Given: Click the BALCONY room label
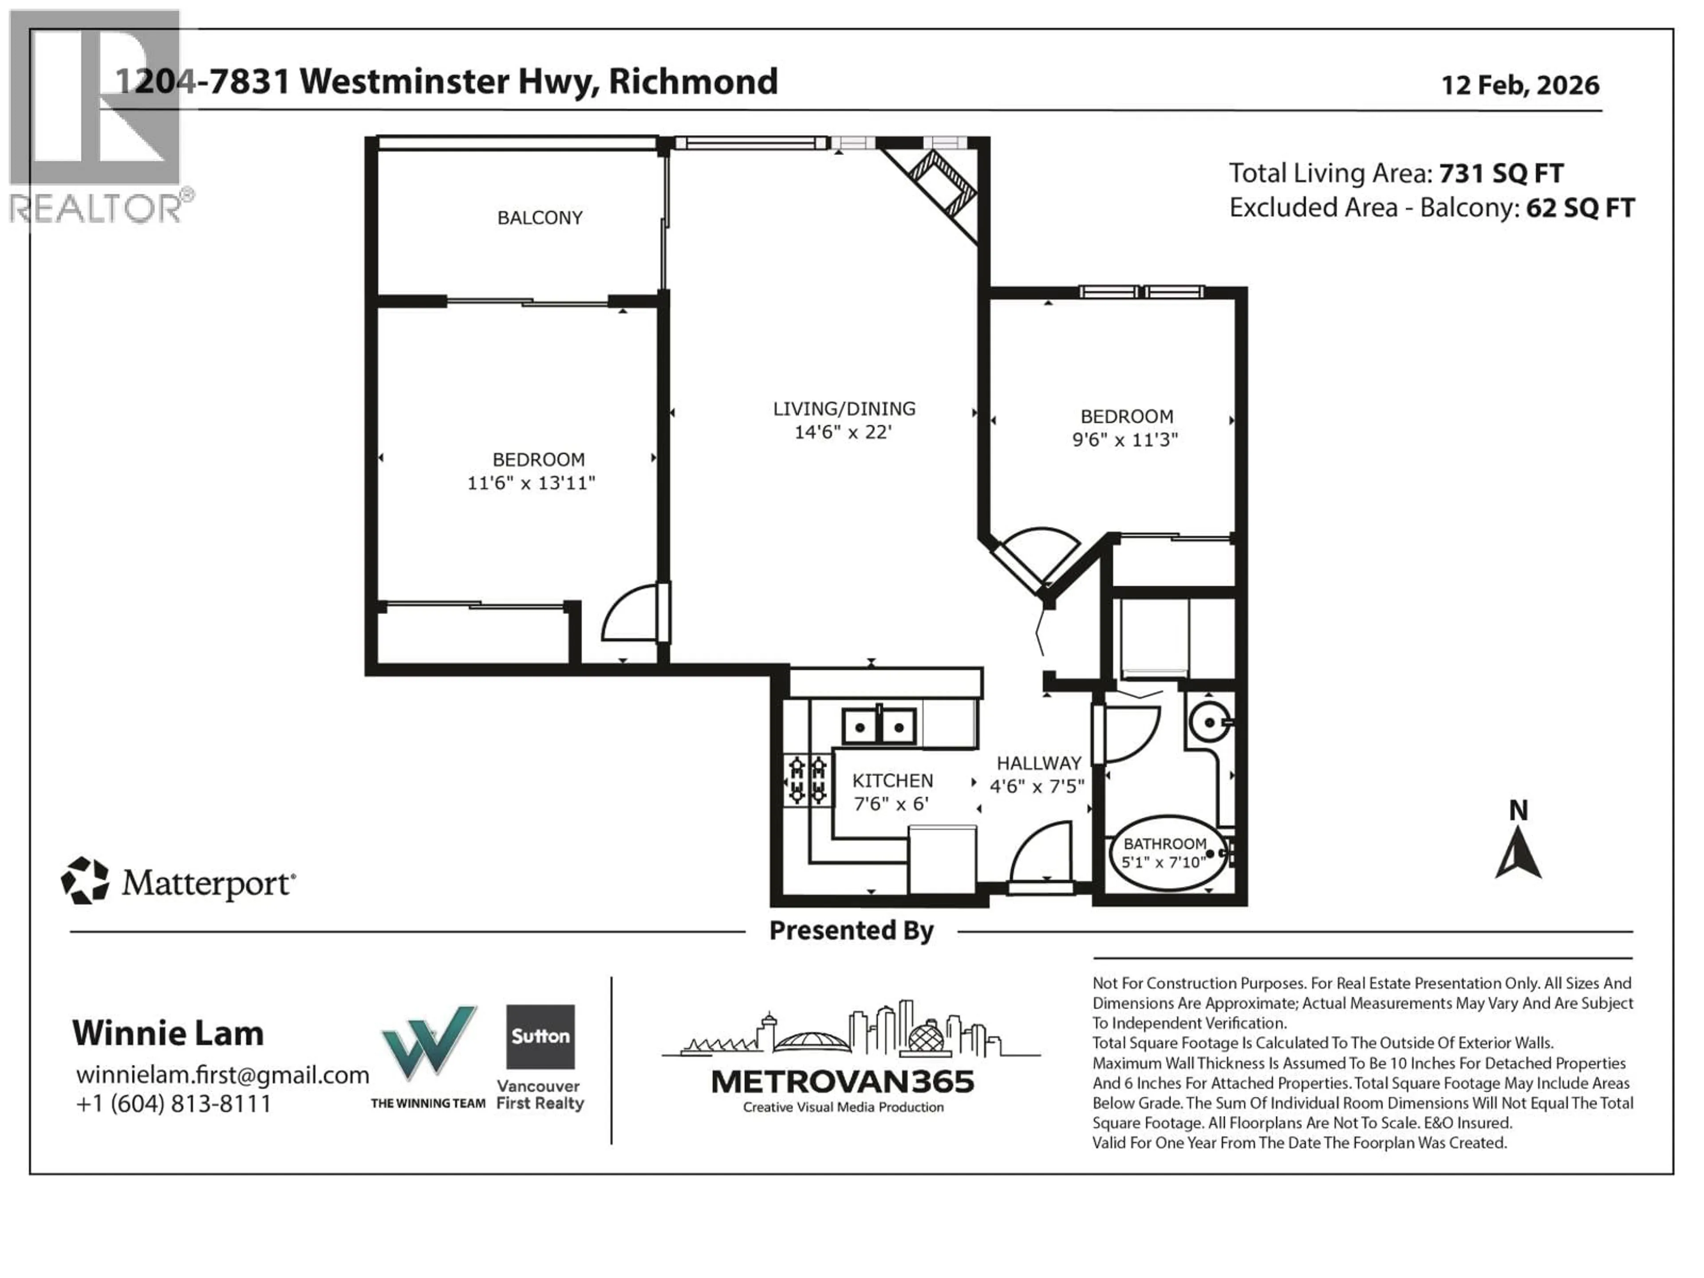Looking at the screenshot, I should (x=539, y=218).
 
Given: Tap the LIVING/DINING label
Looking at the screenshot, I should (x=844, y=409).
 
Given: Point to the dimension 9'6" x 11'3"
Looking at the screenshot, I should (x=1125, y=440).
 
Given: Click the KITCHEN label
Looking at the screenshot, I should (x=892, y=781).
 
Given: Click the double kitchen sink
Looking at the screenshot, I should (x=879, y=726).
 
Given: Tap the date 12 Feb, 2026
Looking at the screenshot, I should (x=1520, y=85).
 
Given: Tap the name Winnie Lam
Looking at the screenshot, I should (x=168, y=1033).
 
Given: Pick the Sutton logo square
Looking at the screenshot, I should (x=540, y=1036).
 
